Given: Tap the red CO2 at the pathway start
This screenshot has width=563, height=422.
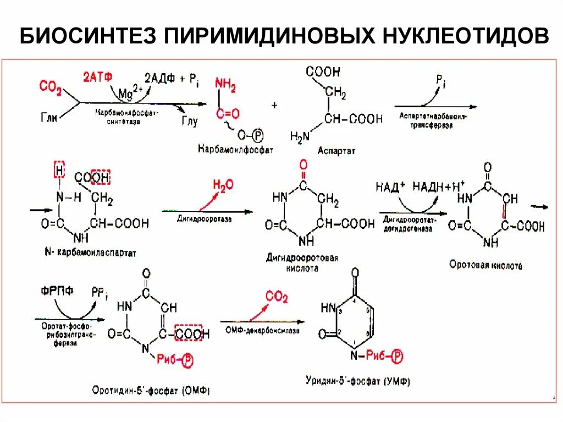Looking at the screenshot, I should tap(50, 86).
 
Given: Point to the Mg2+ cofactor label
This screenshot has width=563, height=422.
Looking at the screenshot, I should tap(131, 94).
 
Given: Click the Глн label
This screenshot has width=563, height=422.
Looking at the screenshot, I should tap(49, 117).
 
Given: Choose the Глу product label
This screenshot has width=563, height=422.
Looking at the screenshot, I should tap(189, 122).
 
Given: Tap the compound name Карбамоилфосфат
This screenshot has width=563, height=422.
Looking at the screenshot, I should tap(235, 150).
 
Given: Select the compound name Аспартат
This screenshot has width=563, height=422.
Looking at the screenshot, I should tap(336, 150).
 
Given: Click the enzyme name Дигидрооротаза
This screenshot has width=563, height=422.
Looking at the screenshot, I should tap(205, 219).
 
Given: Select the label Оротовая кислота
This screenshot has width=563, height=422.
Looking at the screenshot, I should tap(485, 265).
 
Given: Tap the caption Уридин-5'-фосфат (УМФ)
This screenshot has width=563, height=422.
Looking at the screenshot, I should tap(357, 381).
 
